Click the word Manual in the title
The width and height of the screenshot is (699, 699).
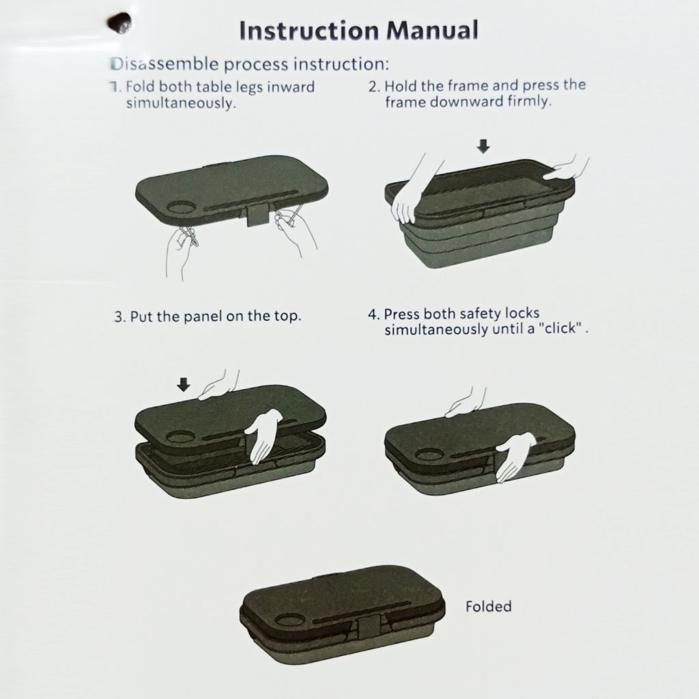[x=432, y=30]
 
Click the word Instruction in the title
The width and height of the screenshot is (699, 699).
[x=309, y=31]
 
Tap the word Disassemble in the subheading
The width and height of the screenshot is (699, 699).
[x=165, y=64]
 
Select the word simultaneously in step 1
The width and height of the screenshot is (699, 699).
[x=180, y=104]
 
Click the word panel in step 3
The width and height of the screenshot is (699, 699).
[x=203, y=317]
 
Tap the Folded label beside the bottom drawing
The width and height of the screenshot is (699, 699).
[x=488, y=606]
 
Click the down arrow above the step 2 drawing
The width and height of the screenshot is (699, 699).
[x=483, y=146]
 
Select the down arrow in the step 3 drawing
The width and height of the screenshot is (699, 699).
[x=183, y=384]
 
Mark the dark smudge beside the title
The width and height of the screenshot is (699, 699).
[x=119, y=23]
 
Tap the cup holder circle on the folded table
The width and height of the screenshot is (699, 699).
[x=289, y=620]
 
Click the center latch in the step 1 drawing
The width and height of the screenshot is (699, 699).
[x=258, y=215]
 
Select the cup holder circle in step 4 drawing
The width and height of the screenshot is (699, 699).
[x=427, y=455]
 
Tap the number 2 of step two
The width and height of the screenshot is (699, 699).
[x=373, y=86]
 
